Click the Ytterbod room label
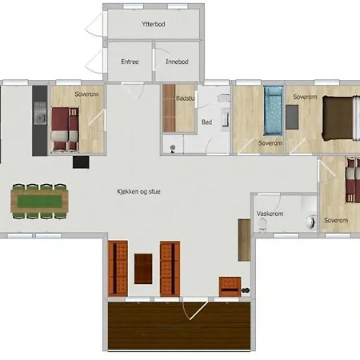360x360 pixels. (154, 24)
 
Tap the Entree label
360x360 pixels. (130, 62)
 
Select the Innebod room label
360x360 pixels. (177, 62)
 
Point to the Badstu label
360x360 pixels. (185, 98)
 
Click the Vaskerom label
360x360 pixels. (270, 214)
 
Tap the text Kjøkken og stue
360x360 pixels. (138, 191)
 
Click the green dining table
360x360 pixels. (39, 201)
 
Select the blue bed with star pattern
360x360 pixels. (273, 111)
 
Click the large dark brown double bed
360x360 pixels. (339, 118)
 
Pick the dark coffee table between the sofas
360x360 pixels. (143, 269)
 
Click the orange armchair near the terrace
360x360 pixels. (230, 286)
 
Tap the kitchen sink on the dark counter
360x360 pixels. (40, 117)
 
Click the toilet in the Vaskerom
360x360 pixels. (262, 225)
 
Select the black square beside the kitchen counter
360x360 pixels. (81, 162)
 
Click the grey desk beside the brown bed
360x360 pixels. (292, 117)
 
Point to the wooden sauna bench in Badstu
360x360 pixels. (169, 108)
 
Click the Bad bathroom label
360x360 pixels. (207, 122)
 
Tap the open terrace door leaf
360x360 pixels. (198, 310)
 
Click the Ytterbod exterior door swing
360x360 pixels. (94, 24)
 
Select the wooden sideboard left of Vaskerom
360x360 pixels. (244, 240)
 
